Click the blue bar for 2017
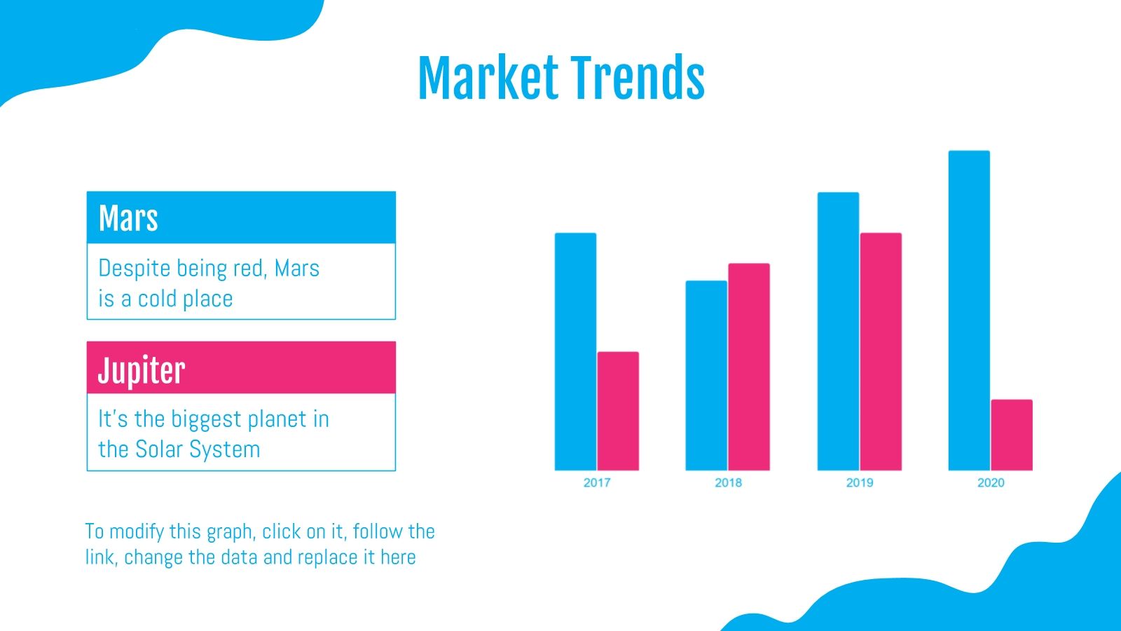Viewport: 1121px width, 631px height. tap(575, 351)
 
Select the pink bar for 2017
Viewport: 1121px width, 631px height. tap(618, 411)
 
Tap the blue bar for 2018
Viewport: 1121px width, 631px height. tap(706, 376)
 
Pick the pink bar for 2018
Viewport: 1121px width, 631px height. tap(749, 367)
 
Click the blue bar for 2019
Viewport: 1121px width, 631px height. tap(838, 332)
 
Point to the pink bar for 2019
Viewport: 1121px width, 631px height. tap(881, 351)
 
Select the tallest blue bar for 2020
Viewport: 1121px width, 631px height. tap(970, 311)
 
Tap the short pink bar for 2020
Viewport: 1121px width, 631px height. tap(1012, 435)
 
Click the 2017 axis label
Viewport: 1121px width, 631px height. tap(597, 483)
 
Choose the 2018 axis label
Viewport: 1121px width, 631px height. tap(728, 483)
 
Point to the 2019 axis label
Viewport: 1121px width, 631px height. tap(860, 483)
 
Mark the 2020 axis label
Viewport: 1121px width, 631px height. tap(991, 483)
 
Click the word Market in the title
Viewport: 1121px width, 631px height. tap(488, 78)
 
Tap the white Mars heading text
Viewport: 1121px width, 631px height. tap(128, 218)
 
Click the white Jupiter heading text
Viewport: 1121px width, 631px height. tap(142, 370)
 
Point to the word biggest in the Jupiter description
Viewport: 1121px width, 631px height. tap(207, 419)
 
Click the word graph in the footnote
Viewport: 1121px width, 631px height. tap(231, 532)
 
